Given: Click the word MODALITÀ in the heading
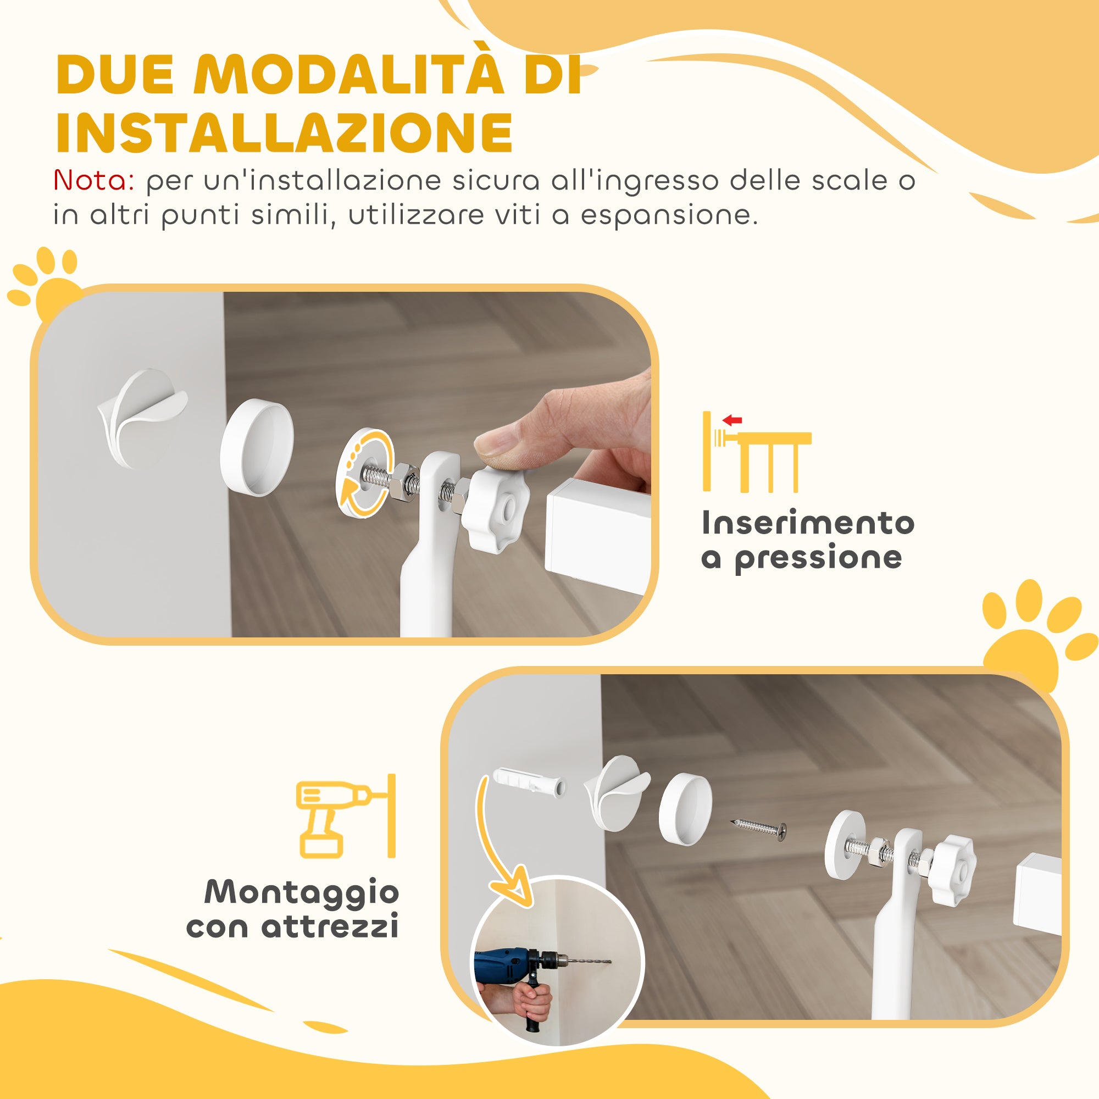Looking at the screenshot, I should click(x=349, y=75).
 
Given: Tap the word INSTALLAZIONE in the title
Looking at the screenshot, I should click(x=285, y=132).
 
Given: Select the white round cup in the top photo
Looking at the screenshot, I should click(x=257, y=447).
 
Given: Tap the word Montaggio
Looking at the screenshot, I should click(x=302, y=891).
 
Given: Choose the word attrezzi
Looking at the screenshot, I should click(x=330, y=926).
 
